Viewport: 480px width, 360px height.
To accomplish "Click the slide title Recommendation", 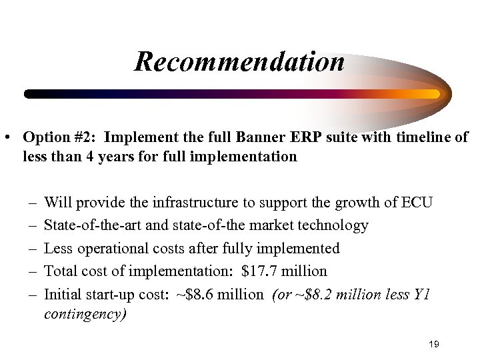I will point(239,62).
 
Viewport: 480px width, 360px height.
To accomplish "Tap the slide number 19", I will point(434,344).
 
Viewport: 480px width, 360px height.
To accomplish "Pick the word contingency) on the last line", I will point(85,314).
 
